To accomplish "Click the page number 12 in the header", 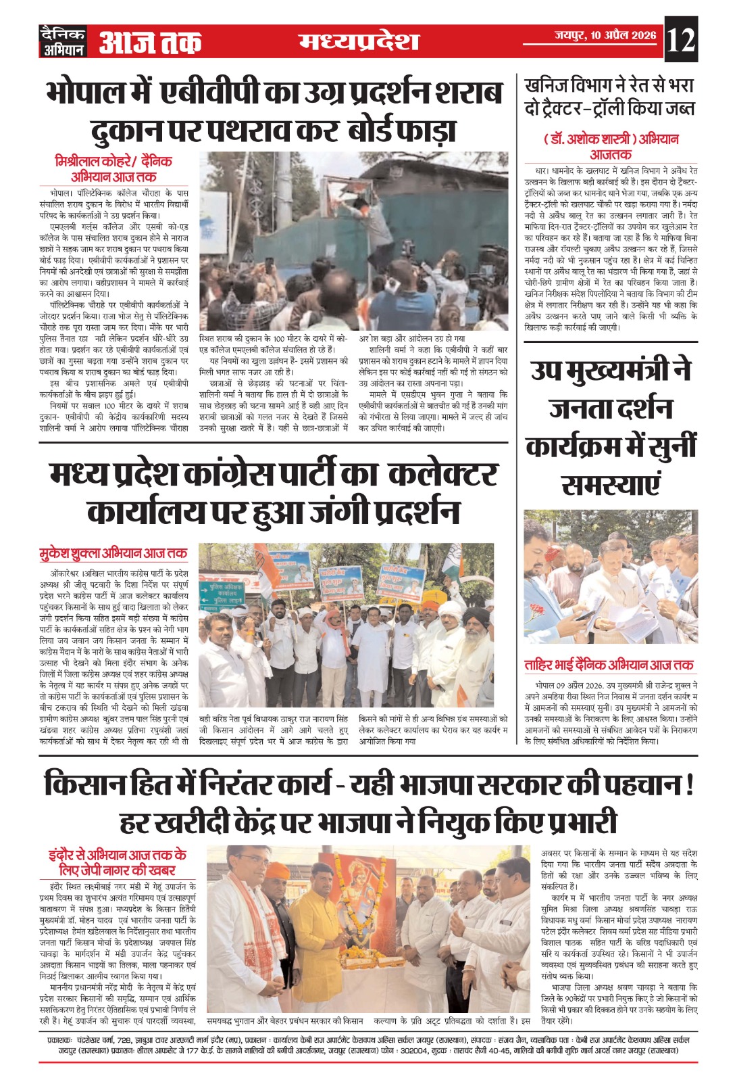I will point(680,41).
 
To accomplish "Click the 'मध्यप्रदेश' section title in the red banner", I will point(359,42).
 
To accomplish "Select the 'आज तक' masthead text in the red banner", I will point(150,43).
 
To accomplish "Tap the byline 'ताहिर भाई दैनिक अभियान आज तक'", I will point(609,665).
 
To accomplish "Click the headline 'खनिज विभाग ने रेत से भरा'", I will point(609,86).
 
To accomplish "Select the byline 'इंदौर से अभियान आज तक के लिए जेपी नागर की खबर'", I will point(117,862).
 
